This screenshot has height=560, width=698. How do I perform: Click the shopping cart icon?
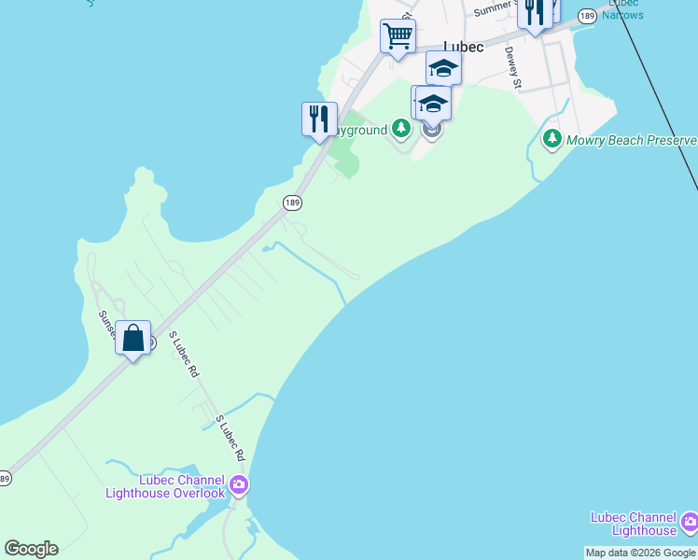coord(398,37)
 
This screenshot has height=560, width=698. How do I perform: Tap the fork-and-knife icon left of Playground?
coord(319,119)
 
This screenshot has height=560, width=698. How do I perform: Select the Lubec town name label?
coord(464,47)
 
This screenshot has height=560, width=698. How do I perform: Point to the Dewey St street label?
coord(512,68)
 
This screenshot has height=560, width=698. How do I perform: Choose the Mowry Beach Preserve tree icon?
coord(551,140)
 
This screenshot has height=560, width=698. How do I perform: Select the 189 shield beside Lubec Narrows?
coord(587,16)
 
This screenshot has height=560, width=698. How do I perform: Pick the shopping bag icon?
coord(133,339)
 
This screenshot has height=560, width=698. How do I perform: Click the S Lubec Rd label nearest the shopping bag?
coord(184,354)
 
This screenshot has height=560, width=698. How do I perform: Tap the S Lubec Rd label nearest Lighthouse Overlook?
coord(230,439)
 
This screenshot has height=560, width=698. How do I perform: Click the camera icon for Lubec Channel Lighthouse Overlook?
coord(239,483)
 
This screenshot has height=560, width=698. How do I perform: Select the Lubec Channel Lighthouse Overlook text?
coord(165,486)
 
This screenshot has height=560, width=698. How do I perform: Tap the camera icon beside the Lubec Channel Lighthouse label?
coord(689,521)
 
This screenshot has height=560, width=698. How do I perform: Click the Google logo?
coord(31,549)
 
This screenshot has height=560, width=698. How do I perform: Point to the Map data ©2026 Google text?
coord(640,553)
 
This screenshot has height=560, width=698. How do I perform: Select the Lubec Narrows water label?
coord(622,9)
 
